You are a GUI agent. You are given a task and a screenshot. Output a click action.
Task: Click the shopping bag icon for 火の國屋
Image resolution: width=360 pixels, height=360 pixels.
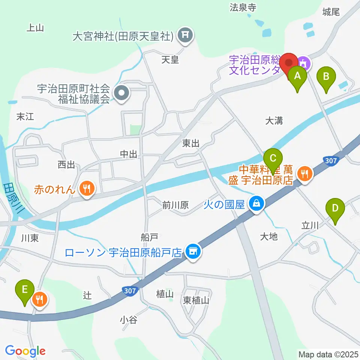257,204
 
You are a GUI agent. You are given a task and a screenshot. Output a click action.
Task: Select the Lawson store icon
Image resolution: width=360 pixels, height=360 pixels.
193,252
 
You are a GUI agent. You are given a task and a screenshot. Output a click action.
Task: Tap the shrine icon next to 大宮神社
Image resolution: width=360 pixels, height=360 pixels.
185,36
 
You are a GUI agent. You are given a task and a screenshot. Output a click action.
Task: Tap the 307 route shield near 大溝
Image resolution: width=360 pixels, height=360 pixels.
331,160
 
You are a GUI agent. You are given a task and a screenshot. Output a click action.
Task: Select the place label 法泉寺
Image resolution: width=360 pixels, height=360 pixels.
243,7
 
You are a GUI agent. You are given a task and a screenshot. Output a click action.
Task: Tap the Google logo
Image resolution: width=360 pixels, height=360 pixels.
25,351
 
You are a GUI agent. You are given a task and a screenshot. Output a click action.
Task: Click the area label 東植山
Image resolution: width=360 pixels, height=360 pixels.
196,300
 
